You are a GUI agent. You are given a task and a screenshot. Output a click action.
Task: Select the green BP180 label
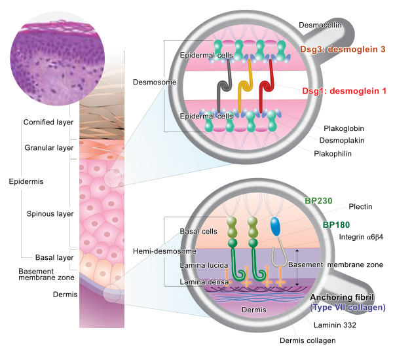335,225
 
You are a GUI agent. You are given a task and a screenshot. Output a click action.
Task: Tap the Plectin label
358,207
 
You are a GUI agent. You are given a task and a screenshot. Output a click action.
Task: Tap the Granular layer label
48,148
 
